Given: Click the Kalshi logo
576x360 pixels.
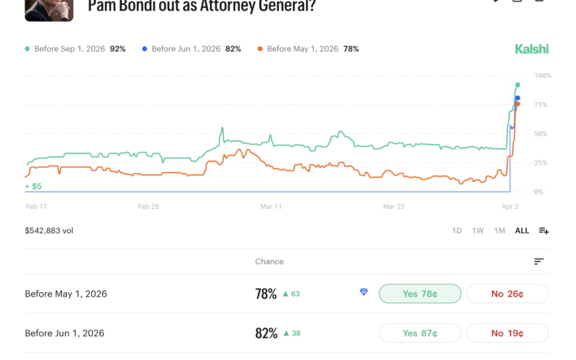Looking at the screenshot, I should click(531, 49).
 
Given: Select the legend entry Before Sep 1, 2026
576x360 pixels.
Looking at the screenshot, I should click(69, 49).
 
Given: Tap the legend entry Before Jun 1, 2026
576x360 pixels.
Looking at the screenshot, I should click(186, 49).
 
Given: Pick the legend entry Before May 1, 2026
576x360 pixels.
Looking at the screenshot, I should click(302, 49).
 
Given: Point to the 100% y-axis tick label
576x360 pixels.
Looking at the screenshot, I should click(542, 76).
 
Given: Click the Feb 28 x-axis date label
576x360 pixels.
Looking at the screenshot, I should click(149, 206).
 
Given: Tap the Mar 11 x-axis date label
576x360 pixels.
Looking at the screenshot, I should click(271, 206).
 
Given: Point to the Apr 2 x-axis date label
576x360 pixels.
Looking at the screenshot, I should click(510, 206).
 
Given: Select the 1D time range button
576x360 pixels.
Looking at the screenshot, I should click(456, 231).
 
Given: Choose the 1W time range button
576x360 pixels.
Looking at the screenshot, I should click(477, 231).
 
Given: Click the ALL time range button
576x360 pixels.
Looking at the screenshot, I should click(522, 231).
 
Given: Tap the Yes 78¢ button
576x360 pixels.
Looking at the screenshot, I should click(420, 294).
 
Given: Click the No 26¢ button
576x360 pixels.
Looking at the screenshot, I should click(507, 294).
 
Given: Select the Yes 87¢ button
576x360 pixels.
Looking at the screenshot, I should click(420, 333).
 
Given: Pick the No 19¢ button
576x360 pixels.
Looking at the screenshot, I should click(507, 333).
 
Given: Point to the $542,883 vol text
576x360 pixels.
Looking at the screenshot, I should click(49, 231).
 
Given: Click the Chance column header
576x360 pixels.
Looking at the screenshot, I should click(269, 261).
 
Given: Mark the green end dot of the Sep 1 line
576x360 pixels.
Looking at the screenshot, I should click(518, 85).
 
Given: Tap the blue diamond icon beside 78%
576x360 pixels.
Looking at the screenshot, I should click(364, 292).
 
